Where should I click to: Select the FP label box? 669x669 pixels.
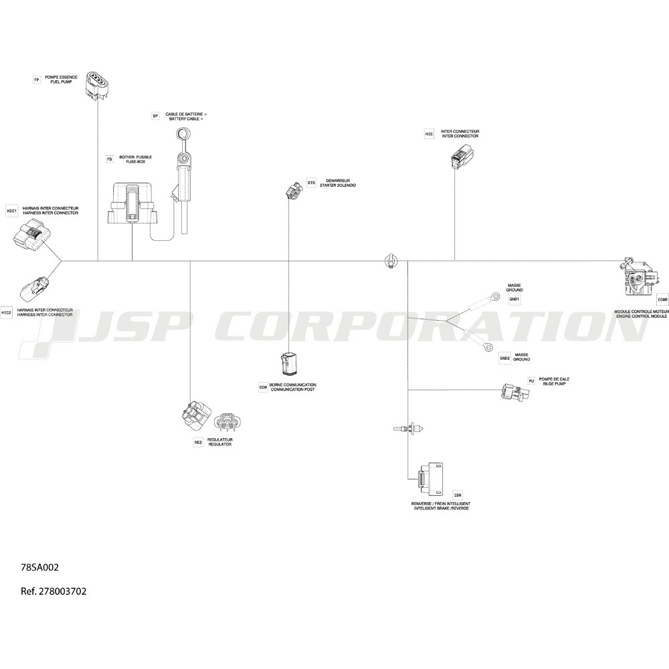click(x=37, y=80)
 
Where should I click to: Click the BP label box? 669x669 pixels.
click(x=155, y=116)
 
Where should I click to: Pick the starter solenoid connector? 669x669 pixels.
click(x=292, y=190)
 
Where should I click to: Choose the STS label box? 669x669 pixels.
click(x=311, y=183)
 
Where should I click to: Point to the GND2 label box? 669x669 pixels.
click(x=504, y=359)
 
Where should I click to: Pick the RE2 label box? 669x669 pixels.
click(x=198, y=442)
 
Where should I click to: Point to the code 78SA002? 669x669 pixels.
click(x=40, y=567)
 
